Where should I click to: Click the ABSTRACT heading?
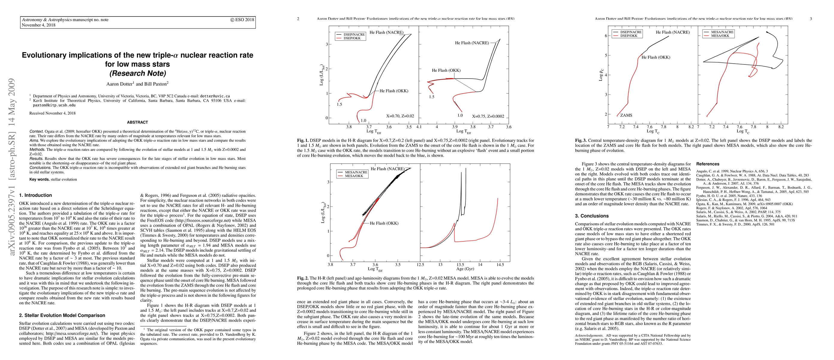[x=137, y=122]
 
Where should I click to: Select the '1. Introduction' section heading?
[x=35, y=195]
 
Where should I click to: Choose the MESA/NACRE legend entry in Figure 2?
[x=356, y=172]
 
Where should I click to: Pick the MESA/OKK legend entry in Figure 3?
[x=720, y=36]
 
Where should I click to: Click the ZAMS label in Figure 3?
[x=626, y=115]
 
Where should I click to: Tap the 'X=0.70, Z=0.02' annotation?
[x=400, y=116]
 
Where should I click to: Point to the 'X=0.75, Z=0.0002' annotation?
[x=488, y=116]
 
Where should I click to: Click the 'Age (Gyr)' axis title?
[x=465, y=269]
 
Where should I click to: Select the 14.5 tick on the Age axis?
[x=500, y=265]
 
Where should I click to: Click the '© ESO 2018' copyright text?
[x=242, y=20]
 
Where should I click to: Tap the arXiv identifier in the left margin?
[x=12, y=166]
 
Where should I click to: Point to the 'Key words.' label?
[x=40, y=179]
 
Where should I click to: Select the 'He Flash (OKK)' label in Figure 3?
[x=656, y=57]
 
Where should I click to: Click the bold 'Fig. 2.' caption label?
[x=302, y=278]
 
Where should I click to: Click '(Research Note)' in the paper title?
[x=138, y=73]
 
